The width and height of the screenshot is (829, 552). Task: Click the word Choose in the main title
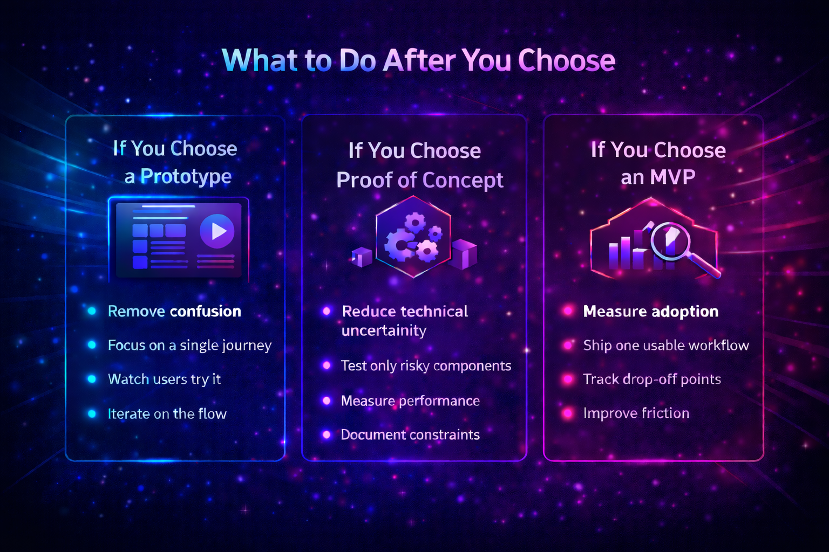pyautogui.click(x=566, y=60)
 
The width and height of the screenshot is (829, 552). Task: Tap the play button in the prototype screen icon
pyautogui.click(x=217, y=231)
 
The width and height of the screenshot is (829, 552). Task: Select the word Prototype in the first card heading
pyautogui.click(x=186, y=176)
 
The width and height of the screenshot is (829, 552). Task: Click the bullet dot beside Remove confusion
pyautogui.click(x=92, y=311)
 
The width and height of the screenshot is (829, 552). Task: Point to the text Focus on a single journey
pyautogui.click(x=189, y=345)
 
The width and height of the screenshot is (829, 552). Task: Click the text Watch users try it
pyautogui.click(x=164, y=379)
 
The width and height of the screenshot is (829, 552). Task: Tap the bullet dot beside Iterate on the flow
pyautogui.click(x=92, y=413)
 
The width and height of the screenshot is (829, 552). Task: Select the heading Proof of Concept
pyautogui.click(x=419, y=180)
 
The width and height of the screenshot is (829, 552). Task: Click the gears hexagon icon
pyautogui.click(x=413, y=237)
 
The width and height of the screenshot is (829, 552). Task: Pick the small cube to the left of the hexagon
pyautogui.click(x=362, y=257)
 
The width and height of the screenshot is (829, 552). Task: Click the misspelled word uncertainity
pyautogui.click(x=384, y=330)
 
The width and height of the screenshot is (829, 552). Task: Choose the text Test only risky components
pyautogui.click(x=425, y=366)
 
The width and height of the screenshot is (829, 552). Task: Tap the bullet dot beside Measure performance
pyautogui.click(x=327, y=401)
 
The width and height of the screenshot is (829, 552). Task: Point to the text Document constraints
pyautogui.click(x=410, y=434)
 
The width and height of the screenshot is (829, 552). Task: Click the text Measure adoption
pyautogui.click(x=650, y=311)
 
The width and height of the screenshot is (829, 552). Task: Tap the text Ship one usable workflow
pyautogui.click(x=665, y=345)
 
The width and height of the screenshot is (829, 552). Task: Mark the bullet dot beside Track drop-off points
pyautogui.click(x=568, y=379)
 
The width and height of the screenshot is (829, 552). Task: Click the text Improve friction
pyautogui.click(x=636, y=413)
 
